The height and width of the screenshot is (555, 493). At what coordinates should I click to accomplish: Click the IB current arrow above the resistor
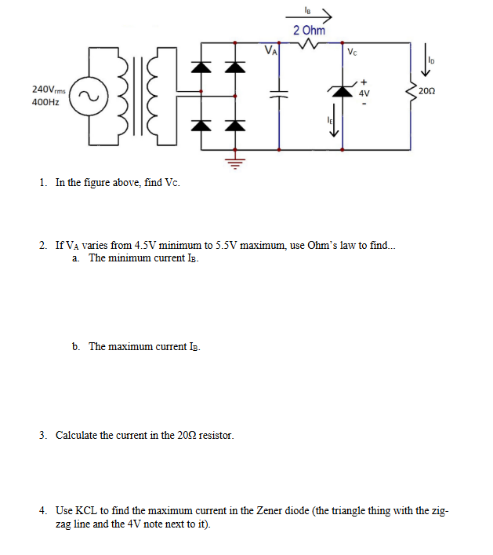point(317,13)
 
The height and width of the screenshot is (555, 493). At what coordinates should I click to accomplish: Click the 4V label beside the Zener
point(364,93)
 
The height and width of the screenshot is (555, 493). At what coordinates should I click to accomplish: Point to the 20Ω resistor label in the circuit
point(427,92)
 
